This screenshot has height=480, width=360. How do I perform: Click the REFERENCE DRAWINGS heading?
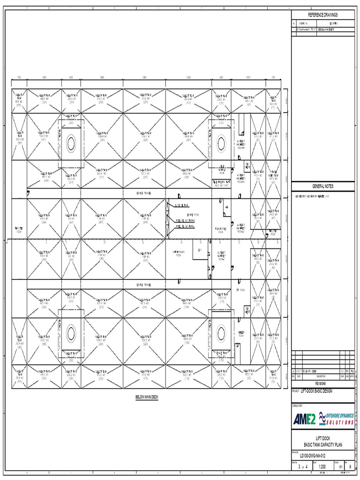click(322, 15)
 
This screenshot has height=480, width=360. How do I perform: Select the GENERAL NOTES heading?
click(322, 186)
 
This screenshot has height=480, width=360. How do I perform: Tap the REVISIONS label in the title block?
click(322, 382)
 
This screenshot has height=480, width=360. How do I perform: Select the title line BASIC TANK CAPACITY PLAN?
click(322, 444)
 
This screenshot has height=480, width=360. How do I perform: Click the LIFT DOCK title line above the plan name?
click(322, 438)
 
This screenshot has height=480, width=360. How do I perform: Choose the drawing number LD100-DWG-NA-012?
click(309, 455)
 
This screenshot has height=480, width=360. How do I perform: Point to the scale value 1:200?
click(323, 467)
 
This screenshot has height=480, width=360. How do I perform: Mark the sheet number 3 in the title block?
click(299, 467)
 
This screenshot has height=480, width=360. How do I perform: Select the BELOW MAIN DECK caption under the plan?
click(147, 397)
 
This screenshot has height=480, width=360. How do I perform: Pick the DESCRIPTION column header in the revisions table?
click(321, 376)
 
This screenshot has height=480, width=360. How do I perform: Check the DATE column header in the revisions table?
click(299, 376)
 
